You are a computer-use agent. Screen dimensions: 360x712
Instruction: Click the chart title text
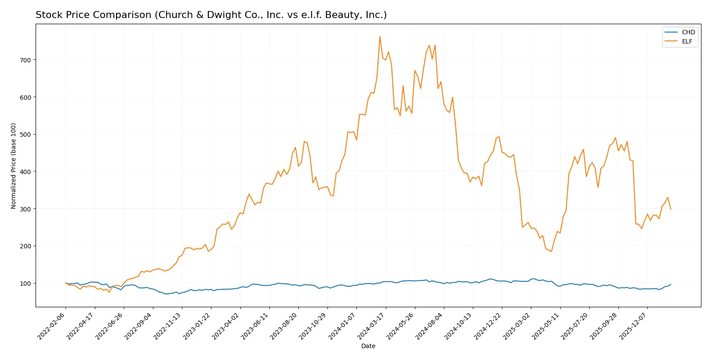coord(211,15)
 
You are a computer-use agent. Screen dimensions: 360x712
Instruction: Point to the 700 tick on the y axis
coord(25,60)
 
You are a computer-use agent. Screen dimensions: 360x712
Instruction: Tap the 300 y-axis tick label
coord(25,209)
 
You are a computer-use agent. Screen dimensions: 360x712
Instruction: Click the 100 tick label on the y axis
coord(25,283)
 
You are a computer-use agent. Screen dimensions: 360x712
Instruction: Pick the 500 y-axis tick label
coord(25,135)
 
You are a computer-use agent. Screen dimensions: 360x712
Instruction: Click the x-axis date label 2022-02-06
coord(52,326)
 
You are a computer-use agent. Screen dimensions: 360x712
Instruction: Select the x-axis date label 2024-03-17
coord(372,326)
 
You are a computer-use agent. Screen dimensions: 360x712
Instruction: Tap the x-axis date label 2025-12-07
coord(634,326)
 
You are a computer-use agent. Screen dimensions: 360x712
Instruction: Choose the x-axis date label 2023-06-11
coord(255,326)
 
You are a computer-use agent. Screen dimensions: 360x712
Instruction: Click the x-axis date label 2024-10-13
coord(459,326)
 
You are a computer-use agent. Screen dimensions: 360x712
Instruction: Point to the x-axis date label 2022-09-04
coord(139,326)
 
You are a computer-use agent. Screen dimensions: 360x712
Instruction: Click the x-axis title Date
coord(368,346)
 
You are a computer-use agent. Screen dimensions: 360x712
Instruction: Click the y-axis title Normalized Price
coord(14,166)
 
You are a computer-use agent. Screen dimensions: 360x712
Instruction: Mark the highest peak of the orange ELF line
coord(380,36)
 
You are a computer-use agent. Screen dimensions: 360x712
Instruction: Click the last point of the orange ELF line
coord(671,209)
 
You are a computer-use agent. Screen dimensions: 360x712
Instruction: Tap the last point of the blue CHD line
coord(671,284)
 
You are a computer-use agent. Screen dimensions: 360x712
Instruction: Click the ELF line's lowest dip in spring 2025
coord(551,251)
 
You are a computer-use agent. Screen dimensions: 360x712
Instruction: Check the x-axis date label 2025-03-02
coord(517,326)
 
